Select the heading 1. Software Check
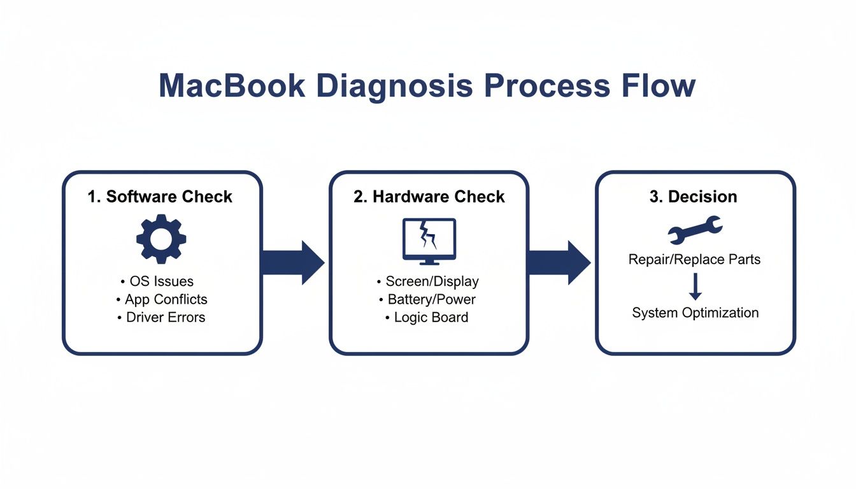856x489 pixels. click(x=160, y=197)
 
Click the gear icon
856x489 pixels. click(x=161, y=239)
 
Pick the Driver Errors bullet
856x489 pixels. click(x=161, y=317)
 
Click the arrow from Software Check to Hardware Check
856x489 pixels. click(x=293, y=262)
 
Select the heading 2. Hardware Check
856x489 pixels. click(x=429, y=197)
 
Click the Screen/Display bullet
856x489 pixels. click(x=428, y=281)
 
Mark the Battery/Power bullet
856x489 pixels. click(x=428, y=299)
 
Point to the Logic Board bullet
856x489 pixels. click(x=428, y=317)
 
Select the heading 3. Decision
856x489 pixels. click(x=693, y=197)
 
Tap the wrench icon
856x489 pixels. click(x=694, y=230)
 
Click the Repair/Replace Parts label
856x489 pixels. click(x=694, y=260)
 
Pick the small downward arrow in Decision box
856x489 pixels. click(x=695, y=287)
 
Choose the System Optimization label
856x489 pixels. click(x=695, y=313)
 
